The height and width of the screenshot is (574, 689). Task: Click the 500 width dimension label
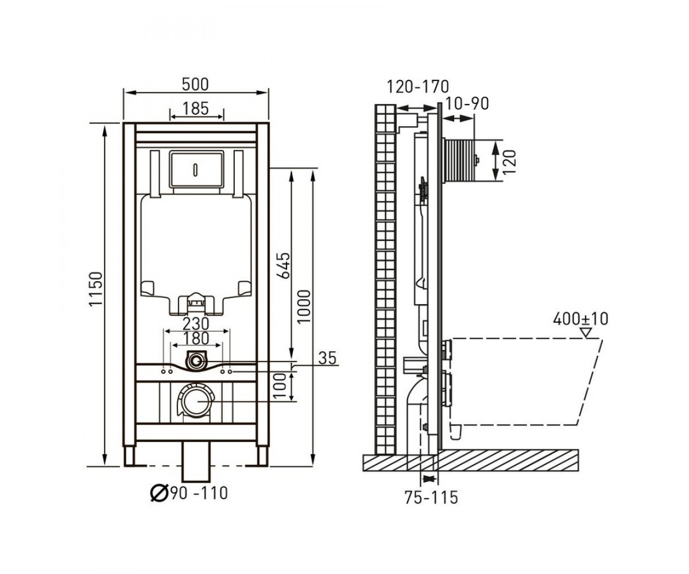pyautogui.click(x=195, y=84)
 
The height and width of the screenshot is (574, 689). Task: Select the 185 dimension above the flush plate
pyautogui.click(x=196, y=108)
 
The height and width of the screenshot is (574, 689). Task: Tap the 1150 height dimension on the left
pyautogui.click(x=96, y=289)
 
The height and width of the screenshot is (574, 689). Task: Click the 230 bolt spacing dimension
pyautogui.click(x=196, y=324)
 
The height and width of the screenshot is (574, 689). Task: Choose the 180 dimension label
pyautogui.click(x=196, y=338)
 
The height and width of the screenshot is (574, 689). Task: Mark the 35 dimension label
pyautogui.click(x=327, y=358)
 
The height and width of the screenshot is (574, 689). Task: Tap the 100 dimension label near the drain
pyautogui.click(x=280, y=385)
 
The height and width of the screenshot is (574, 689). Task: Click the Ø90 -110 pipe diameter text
pyautogui.click(x=189, y=494)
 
